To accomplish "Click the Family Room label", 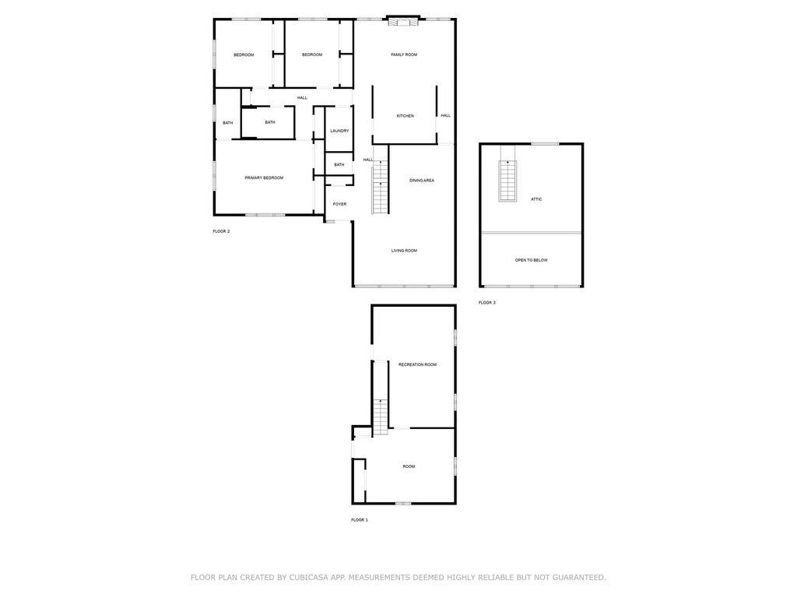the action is (404, 55).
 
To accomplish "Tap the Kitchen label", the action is (405, 116).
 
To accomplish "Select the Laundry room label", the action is (339, 131).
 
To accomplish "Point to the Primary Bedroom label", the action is (264, 178).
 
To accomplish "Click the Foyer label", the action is (339, 205).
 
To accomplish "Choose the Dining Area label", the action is (422, 181).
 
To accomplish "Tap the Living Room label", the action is (404, 251).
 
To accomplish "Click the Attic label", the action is (536, 199).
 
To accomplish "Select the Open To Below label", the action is (531, 260).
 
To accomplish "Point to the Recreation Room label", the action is (417, 364).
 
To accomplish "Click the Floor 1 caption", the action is (360, 520).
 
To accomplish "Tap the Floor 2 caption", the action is (221, 231).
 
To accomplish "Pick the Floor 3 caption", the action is (487, 303).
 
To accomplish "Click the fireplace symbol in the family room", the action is (404, 21).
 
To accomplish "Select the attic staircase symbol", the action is (507, 181).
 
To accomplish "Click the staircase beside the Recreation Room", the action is (381, 417).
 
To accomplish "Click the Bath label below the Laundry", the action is (339, 165).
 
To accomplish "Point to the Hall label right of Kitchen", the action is (446, 116).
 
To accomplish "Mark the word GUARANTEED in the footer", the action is (579, 578).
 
